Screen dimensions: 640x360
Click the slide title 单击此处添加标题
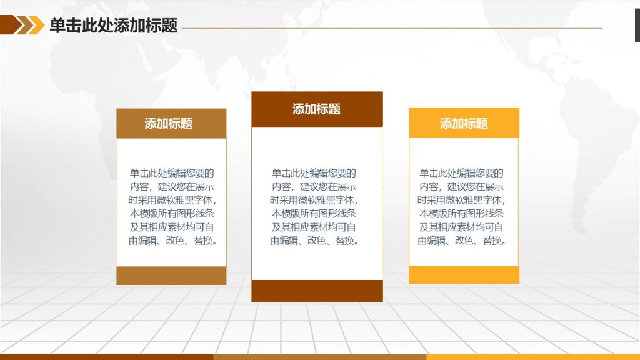[x=114, y=25]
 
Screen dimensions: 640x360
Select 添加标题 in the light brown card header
[x=169, y=123]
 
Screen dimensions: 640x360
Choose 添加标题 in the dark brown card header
[x=316, y=109]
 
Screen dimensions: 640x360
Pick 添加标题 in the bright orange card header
[x=464, y=123]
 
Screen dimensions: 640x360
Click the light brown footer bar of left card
[x=171, y=276]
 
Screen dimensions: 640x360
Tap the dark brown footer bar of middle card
[x=317, y=291]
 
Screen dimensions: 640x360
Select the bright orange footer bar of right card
[x=464, y=275]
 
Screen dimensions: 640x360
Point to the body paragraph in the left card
[x=172, y=206]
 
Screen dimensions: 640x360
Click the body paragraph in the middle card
[x=314, y=206]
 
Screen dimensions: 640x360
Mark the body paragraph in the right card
[x=462, y=206]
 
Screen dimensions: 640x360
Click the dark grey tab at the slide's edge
[x=637, y=25]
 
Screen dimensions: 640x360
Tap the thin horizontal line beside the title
[x=392, y=28]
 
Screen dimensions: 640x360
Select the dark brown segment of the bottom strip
[x=106, y=357]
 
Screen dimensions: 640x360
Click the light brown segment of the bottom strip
[x=320, y=357]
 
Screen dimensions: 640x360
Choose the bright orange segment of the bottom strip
[x=533, y=357]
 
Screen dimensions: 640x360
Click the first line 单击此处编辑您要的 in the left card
[x=172, y=173]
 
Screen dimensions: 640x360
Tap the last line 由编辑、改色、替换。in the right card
[x=462, y=241]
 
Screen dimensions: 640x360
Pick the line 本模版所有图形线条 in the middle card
[x=314, y=214]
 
